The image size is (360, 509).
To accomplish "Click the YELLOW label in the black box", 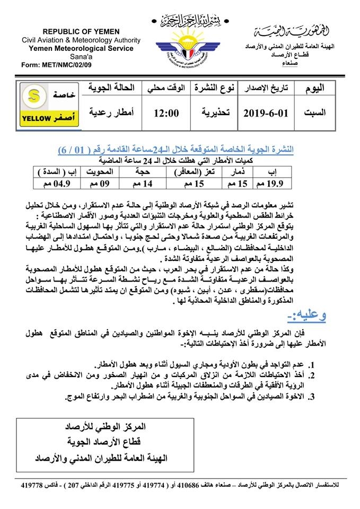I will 36,118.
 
